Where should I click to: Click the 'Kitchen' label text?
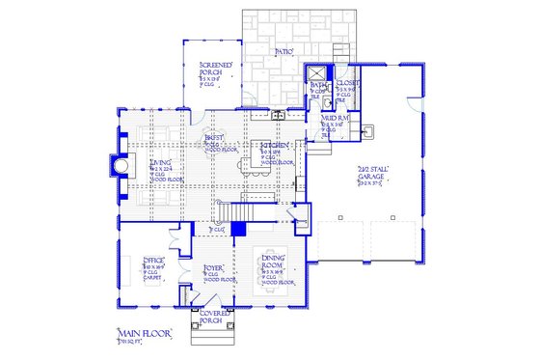pyautogui.click(x=270, y=147)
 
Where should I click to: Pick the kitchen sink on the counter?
pyautogui.click(x=278, y=115)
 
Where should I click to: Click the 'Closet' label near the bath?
pyautogui.click(x=348, y=84)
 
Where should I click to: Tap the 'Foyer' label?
pyautogui.click(x=213, y=267)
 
